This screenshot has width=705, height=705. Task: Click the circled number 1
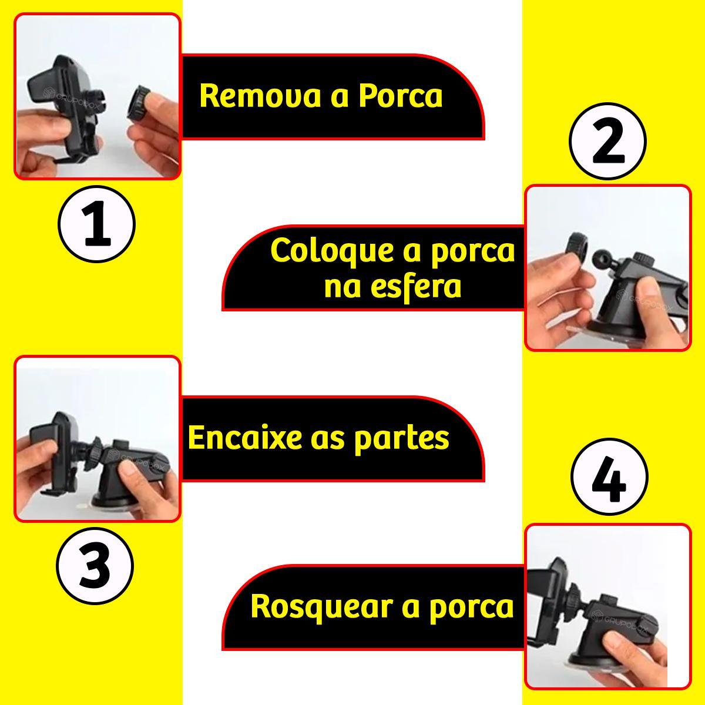96,223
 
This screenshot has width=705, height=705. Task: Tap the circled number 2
607,141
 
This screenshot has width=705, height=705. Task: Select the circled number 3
95,566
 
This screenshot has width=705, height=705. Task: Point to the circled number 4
609,476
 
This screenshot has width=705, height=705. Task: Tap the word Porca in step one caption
400,96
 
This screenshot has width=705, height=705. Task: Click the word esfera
392,287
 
